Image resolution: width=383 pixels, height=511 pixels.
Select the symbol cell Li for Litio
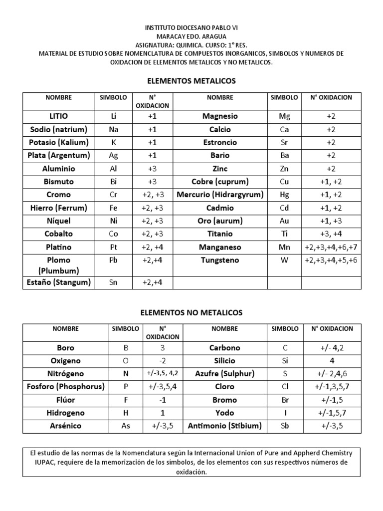tap(113, 116)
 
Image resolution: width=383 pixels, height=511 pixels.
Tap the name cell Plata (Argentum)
tap(59, 155)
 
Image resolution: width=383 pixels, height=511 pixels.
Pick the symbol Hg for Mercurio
tap(284, 195)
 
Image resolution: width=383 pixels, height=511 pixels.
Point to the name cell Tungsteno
tap(220, 260)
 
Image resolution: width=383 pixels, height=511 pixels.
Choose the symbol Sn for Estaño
tap(113, 282)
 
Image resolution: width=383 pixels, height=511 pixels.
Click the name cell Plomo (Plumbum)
tap(59, 265)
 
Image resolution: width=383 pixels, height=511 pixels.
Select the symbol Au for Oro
tap(284, 221)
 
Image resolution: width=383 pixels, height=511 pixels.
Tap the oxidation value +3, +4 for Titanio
tap(331, 234)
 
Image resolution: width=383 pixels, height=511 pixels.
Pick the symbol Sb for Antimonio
tap(285, 426)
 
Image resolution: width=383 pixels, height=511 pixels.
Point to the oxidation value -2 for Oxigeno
tap(162, 361)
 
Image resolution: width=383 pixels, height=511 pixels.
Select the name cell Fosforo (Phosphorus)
tap(66, 387)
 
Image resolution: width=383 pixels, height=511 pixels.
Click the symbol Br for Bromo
tap(285, 400)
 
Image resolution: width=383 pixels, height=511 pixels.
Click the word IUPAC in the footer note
tap(41, 463)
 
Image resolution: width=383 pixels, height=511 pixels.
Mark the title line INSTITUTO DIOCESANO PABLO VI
tap(191, 28)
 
